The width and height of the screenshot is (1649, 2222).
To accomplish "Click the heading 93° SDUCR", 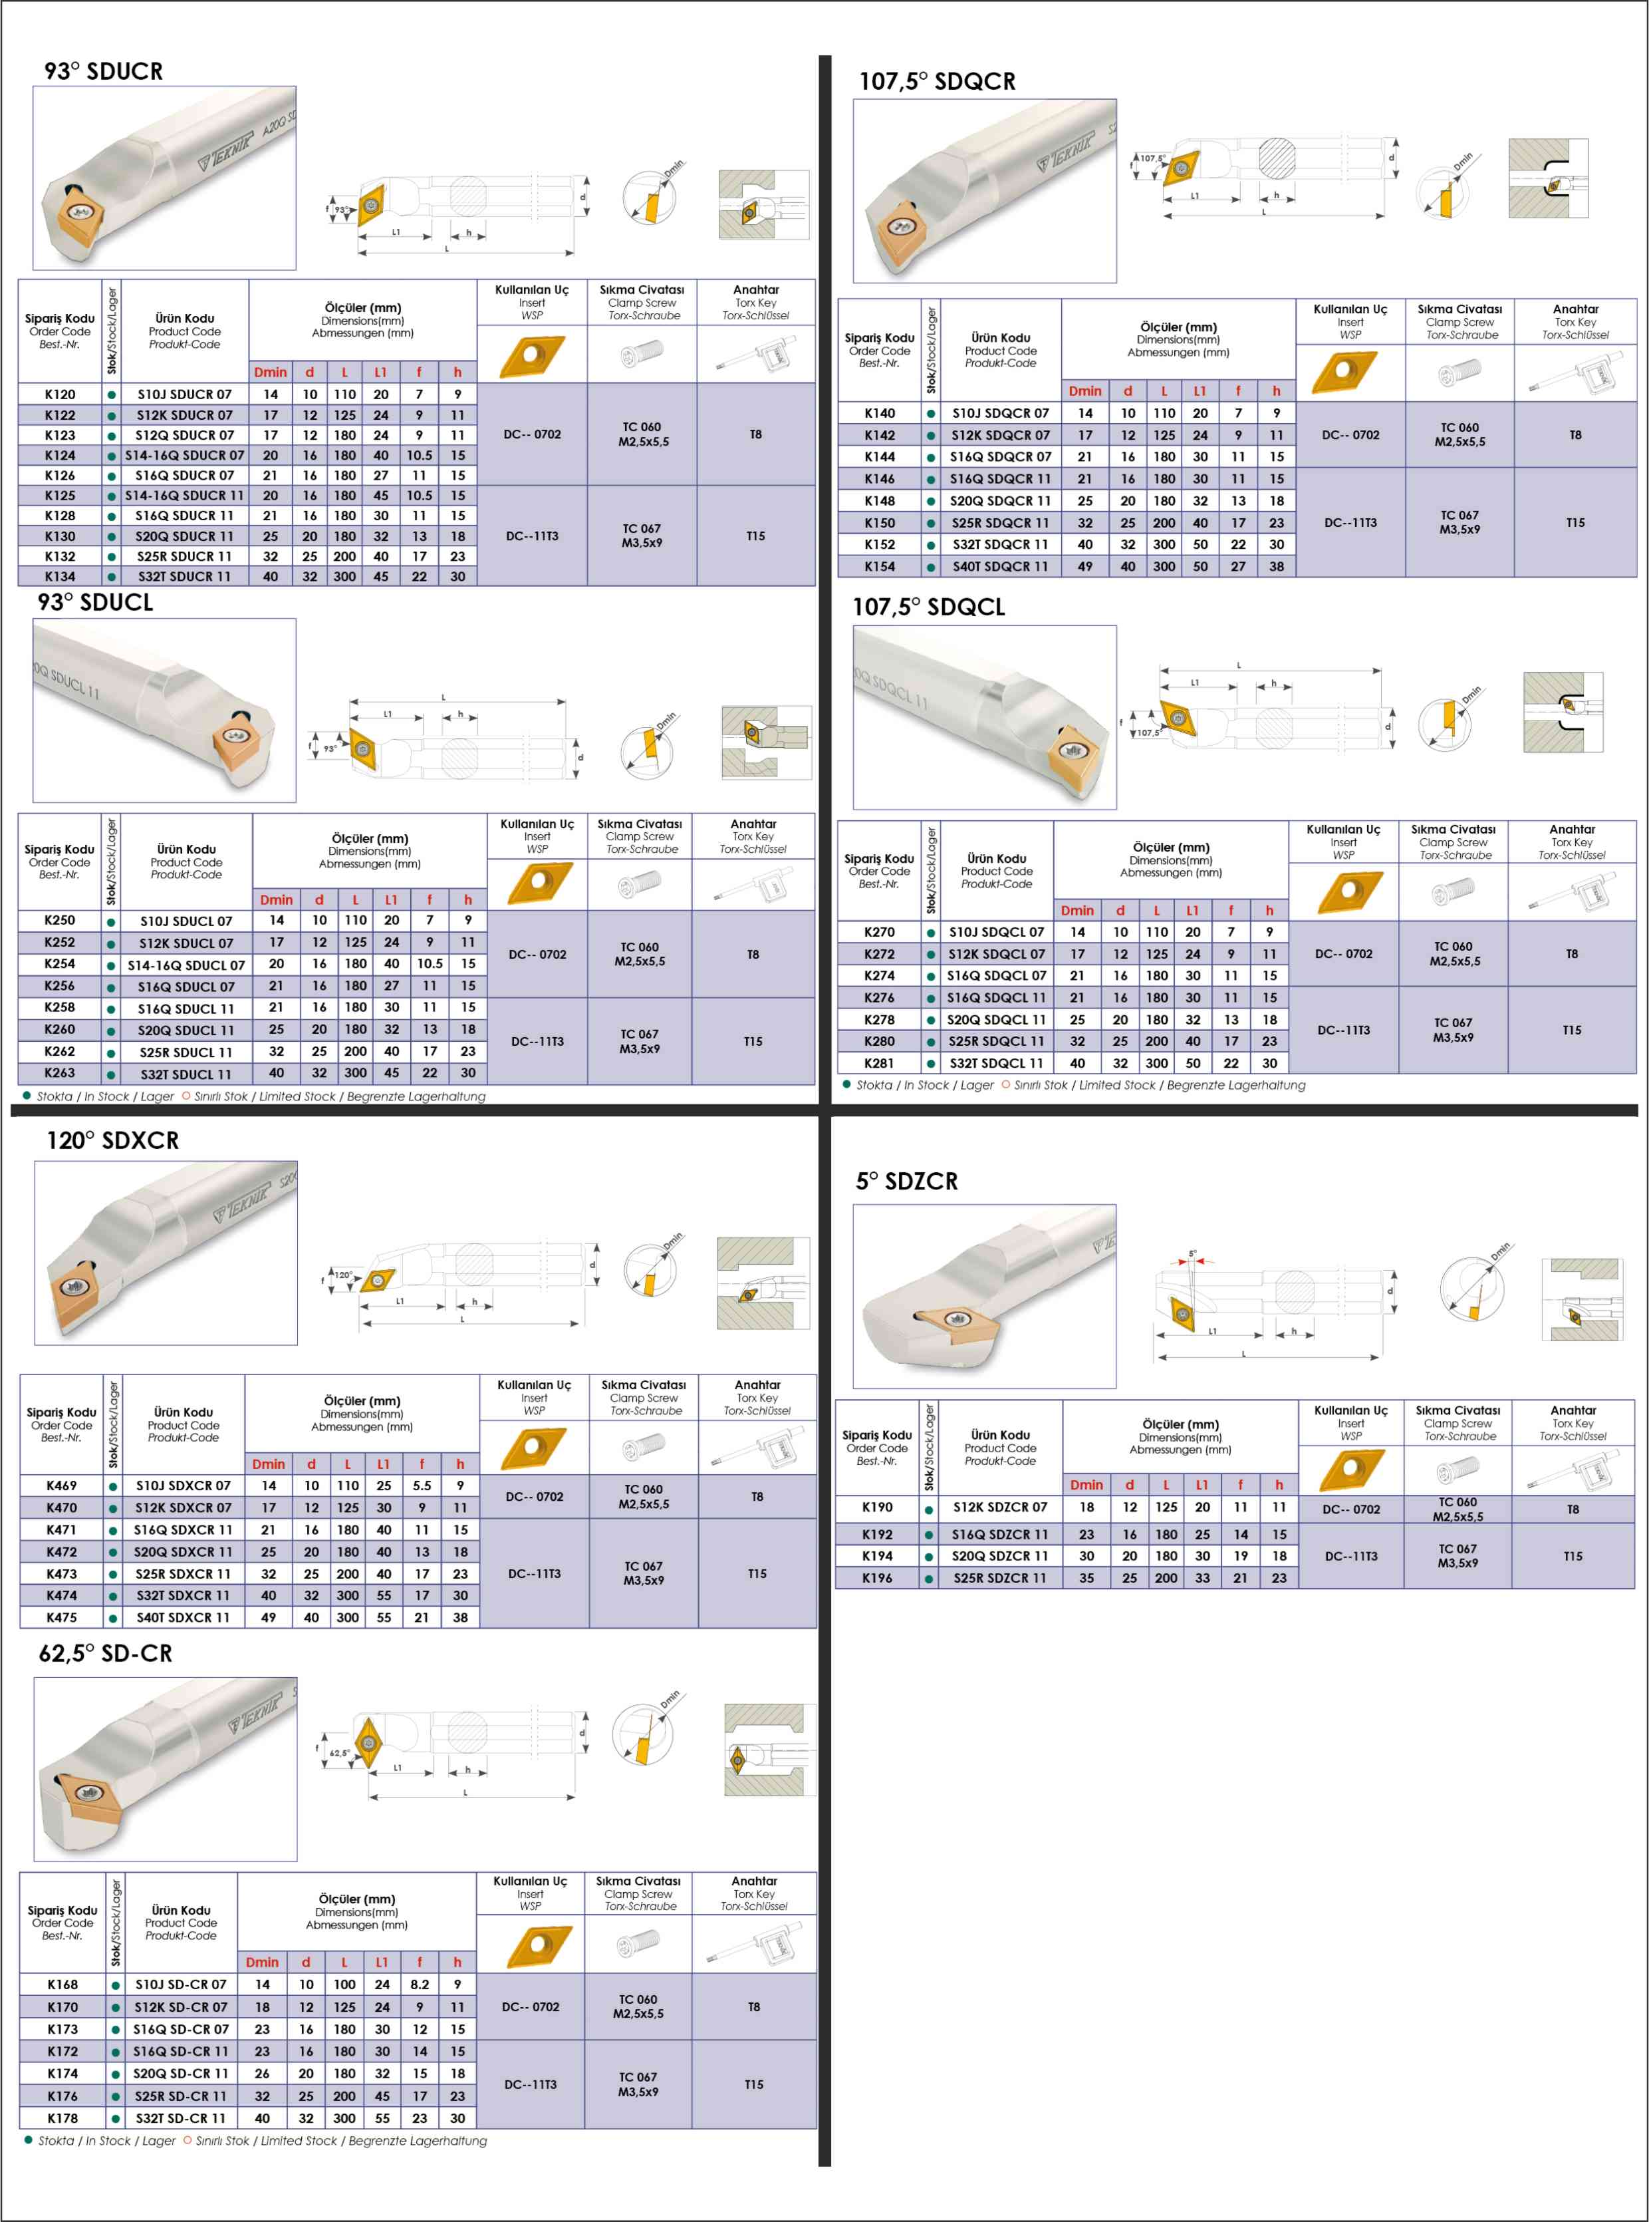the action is [x=104, y=71].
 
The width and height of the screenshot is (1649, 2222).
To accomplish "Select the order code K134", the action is [x=60, y=576].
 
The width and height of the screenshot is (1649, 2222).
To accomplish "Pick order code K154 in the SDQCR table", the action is [x=880, y=566].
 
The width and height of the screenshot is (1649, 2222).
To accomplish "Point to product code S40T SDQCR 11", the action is [x=1000, y=566].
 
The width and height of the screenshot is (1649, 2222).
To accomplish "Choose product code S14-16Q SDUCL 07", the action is [x=186, y=965].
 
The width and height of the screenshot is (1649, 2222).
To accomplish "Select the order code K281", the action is [x=880, y=1064].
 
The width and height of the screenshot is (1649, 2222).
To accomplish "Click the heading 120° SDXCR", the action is [x=113, y=1140].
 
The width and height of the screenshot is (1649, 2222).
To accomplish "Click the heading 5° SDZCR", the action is [x=906, y=1182].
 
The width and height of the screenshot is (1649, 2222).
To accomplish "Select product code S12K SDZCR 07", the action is [x=1000, y=1507].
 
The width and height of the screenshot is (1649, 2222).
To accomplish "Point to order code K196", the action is [x=878, y=1578].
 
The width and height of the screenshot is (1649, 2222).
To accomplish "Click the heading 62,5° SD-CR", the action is [x=106, y=1654].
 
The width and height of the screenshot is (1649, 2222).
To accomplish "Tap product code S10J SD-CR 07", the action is [x=181, y=1984].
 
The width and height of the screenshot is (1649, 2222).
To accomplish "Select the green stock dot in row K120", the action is [x=112, y=395].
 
